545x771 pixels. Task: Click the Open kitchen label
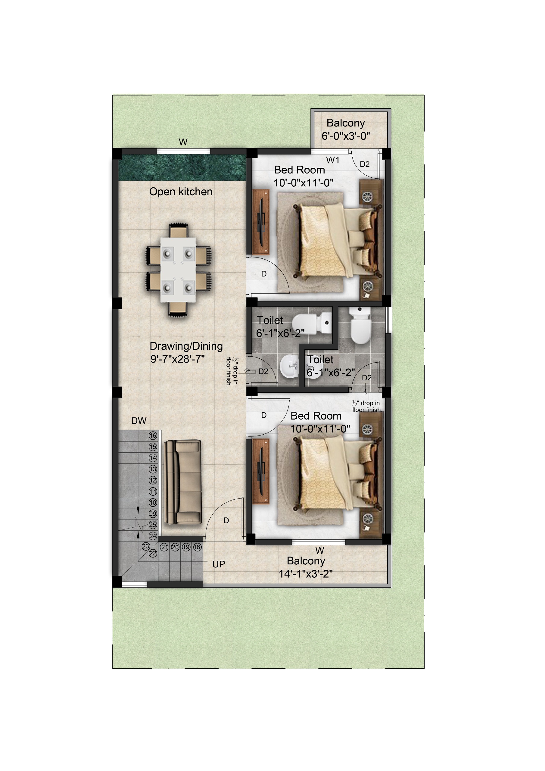click(181, 192)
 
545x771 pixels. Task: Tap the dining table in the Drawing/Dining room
click(178, 270)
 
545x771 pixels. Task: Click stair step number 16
click(153, 435)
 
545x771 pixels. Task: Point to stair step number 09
click(153, 514)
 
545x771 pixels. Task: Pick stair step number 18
click(197, 547)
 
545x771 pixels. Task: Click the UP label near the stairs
click(219, 564)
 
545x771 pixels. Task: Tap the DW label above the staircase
click(139, 421)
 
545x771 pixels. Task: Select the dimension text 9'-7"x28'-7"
click(177, 359)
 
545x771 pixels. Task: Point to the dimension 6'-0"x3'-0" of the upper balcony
click(346, 136)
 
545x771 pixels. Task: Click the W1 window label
click(333, 160)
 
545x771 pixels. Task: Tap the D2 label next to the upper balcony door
click(365, 164)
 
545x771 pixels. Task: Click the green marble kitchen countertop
click(182, 167)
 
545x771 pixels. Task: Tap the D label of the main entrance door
click(226, 520)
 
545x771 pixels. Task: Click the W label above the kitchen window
click(183, 142)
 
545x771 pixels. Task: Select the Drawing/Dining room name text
click(186, 346)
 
